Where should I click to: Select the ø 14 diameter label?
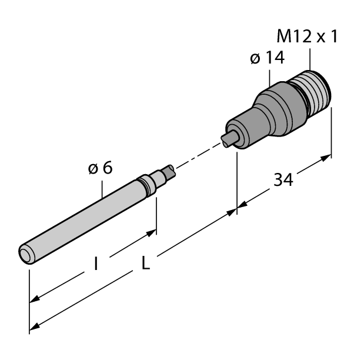pos(266,59)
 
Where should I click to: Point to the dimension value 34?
pos(284,179)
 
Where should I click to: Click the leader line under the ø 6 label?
pos(103,188)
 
